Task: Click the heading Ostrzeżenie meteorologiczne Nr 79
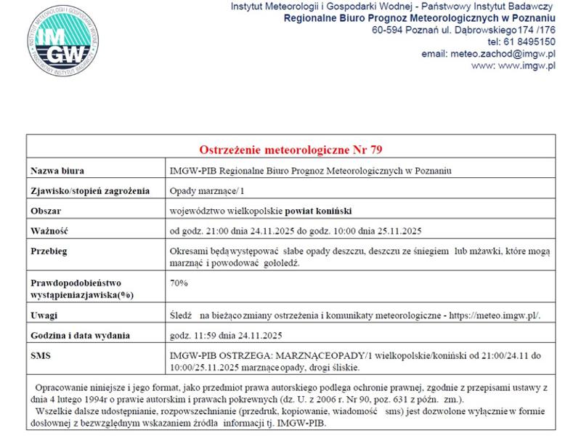(290, 150)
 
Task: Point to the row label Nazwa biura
(57, 171)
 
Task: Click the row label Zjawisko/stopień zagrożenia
(89, 191)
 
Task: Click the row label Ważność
(49, 232)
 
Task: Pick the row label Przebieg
(49, 251)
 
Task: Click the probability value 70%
(179, 282)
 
